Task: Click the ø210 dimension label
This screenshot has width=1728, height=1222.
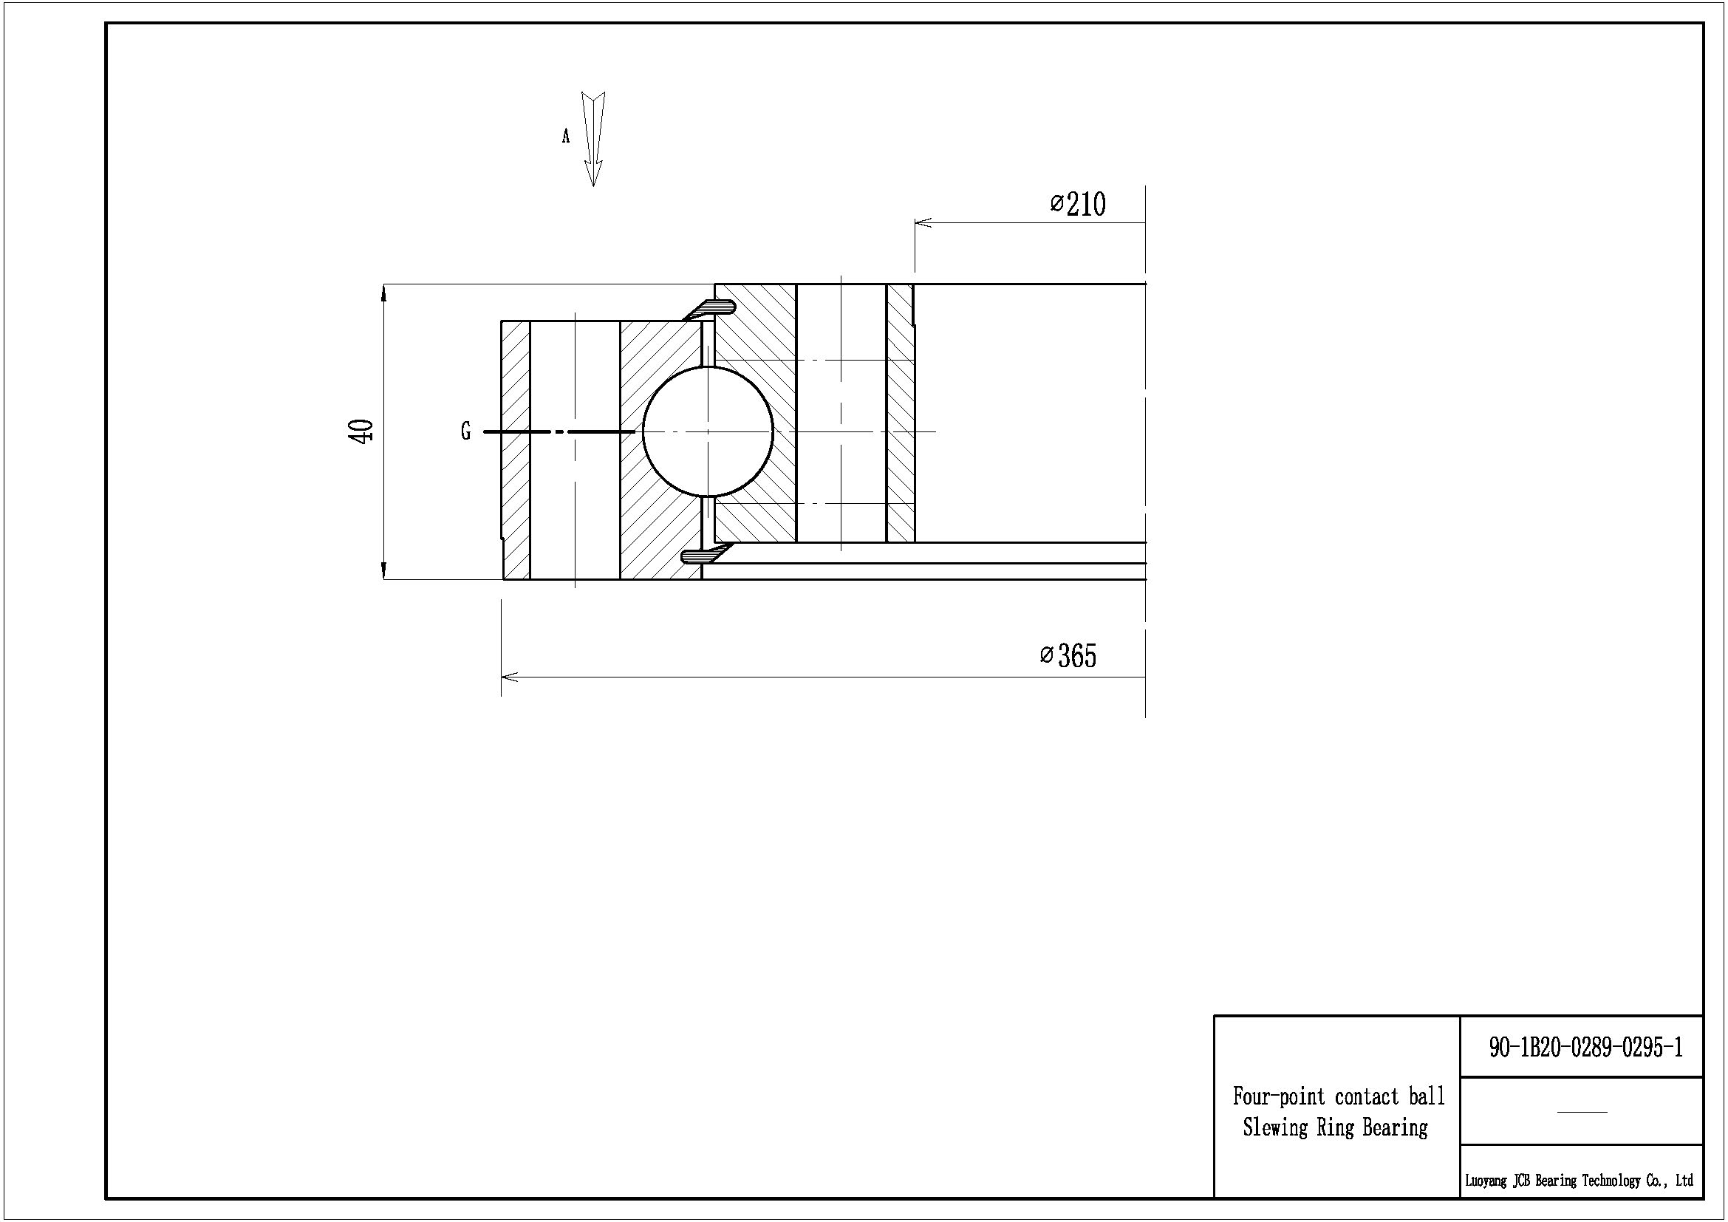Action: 1078,204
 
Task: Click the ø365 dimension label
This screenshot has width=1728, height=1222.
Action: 1068,656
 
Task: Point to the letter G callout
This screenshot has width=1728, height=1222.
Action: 466,432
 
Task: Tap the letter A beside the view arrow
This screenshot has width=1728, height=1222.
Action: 566,136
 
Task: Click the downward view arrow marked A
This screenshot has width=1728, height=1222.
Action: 594,139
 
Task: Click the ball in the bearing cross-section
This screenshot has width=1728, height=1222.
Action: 708,431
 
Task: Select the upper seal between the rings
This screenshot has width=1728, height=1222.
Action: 710,309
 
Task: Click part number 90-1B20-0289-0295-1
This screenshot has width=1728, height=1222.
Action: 1585,1048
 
